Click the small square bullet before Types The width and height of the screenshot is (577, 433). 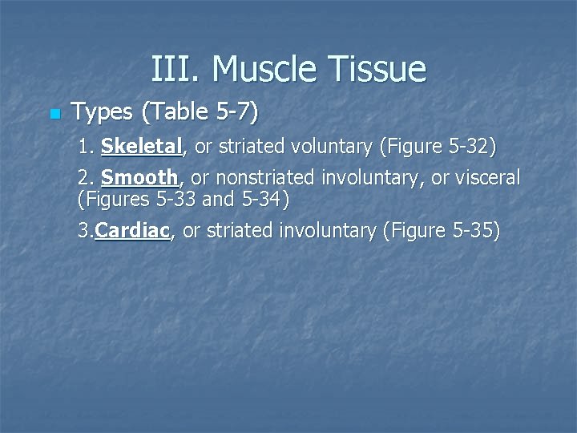click(x=54, y=115)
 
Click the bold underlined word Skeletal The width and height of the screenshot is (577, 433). click(x=143, y=148)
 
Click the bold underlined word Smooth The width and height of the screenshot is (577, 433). click(x=139, y=176)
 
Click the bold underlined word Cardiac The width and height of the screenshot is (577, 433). click(x=132, y=231)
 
